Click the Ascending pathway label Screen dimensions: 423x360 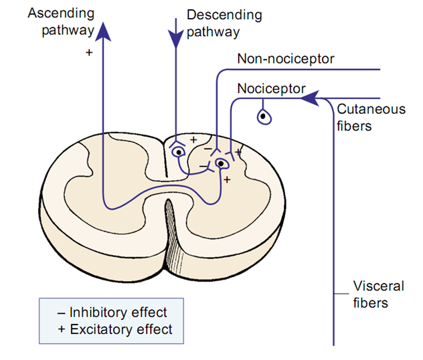click(61, 22)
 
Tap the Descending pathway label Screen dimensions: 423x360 click(224, 23)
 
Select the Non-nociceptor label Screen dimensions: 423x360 click(285, 59)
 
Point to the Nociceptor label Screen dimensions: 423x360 click(271, 88)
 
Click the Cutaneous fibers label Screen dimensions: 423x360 click(371, 117)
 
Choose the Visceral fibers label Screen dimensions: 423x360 click(378, 294)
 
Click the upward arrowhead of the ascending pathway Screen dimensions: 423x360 click(103, 31)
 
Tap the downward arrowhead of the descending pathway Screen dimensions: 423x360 click(176, 39)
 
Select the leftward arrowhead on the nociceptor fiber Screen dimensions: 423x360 click(310, 98)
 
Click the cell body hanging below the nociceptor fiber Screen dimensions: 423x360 click(264, 116)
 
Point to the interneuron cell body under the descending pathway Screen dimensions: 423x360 click(178, 152)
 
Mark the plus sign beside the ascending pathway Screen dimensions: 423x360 click(89, 52)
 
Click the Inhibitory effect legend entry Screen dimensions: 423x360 click(112, 312)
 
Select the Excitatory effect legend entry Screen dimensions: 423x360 click(115, 329)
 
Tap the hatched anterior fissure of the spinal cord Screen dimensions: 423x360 click(173, 238)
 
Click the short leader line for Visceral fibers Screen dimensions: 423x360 click(341, 293)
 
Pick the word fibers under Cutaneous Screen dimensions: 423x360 click(354, 126)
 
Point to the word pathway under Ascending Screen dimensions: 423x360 click(68, 30)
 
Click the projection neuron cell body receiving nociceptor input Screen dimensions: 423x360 click(222, 164)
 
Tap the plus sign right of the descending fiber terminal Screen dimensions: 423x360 click(193, 140)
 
